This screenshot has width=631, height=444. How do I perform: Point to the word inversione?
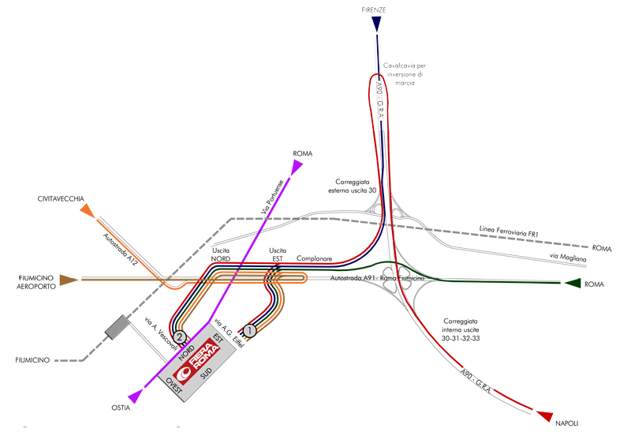point(399,75)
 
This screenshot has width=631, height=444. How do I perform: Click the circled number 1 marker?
point(250,332)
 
